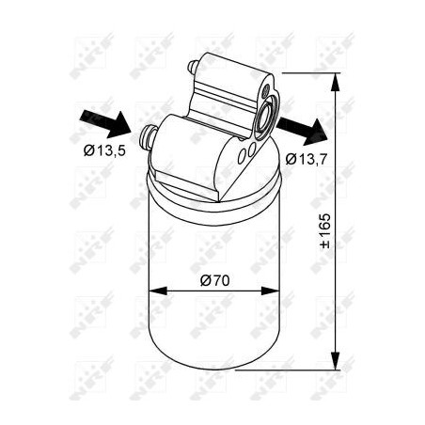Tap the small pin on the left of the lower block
click(x=147, y=137)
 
